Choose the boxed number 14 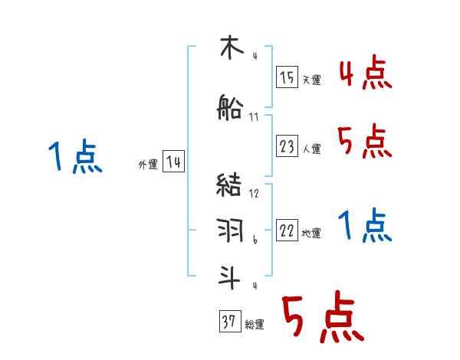(x=174, y=162)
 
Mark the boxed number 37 (x=229, y=322)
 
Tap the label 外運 (x=147, y=165)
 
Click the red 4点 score (x=365, y=74)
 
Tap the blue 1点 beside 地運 (x=365, y=225)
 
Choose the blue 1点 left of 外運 (x=74, y=158)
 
